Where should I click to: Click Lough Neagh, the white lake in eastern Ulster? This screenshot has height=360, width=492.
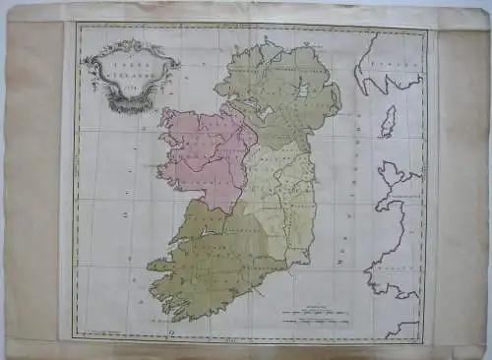[x=303, y=92]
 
